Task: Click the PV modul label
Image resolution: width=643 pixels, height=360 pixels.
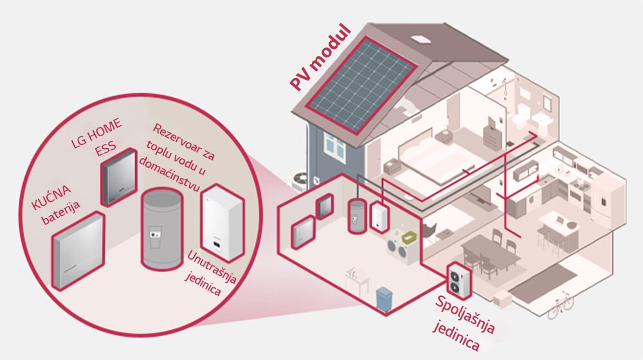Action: (320, 59)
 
